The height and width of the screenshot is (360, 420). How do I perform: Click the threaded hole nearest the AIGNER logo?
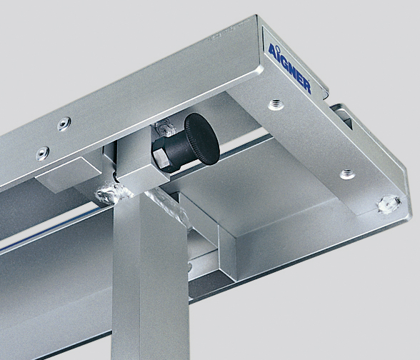tap(275, 104)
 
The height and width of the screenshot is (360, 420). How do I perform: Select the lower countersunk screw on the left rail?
tap(44, 151)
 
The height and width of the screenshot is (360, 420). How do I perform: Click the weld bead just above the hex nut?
tap(165, 130)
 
